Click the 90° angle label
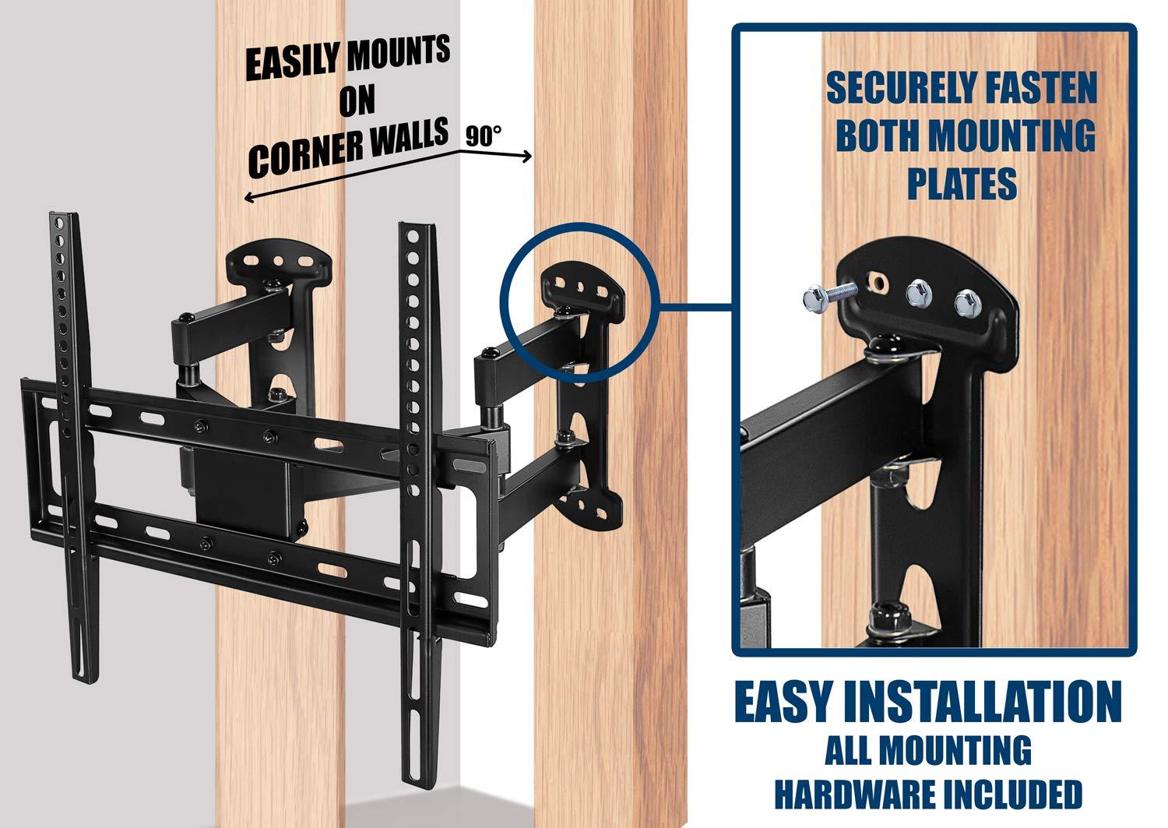(484, 137)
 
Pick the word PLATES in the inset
(962, 184)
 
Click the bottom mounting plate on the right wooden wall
(592, 510)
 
